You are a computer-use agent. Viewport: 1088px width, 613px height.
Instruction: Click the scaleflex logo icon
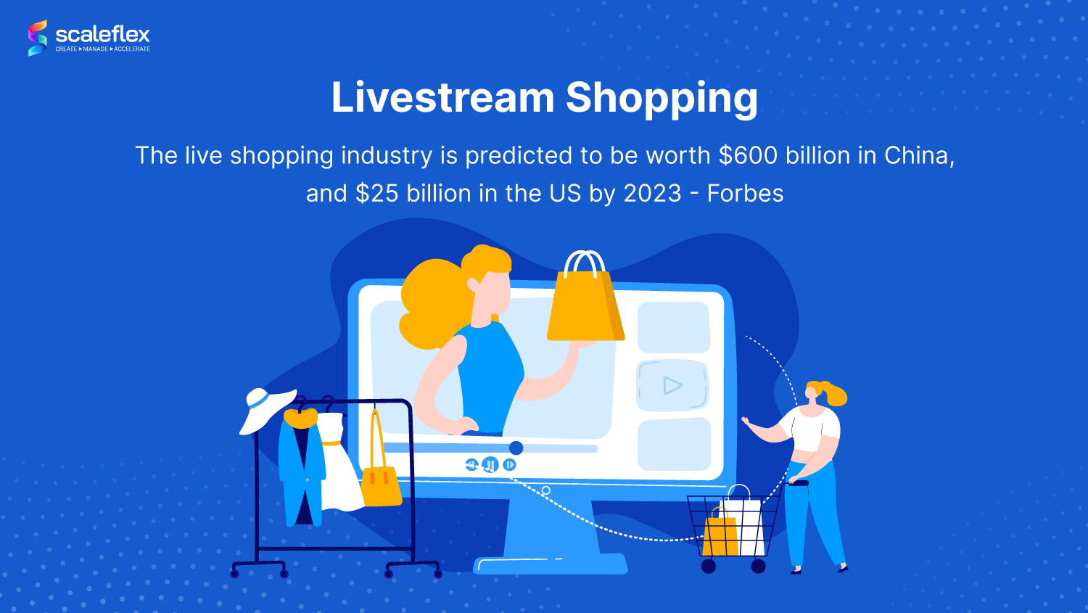coord(38,38)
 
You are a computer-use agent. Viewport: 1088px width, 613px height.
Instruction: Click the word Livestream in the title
coord(442,98)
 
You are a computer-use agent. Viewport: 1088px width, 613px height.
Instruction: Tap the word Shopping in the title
coord(662,99)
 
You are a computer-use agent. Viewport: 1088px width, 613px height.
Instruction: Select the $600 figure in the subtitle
coord(748,155)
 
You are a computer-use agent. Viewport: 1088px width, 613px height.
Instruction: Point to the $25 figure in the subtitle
coord(377,193)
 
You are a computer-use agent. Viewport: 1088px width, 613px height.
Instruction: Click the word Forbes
coord(745,193)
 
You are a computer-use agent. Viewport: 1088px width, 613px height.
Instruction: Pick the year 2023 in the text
coord(652,193)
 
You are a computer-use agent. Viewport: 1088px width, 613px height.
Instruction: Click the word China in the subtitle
coord(919,155)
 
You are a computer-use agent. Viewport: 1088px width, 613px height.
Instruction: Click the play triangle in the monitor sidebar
coord(672,386)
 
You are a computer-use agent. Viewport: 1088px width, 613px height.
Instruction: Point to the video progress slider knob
coord(516,448)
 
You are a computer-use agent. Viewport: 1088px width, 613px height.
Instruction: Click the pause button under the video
coord(490,465)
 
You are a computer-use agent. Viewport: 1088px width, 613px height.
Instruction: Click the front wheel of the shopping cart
coord(708,566)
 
